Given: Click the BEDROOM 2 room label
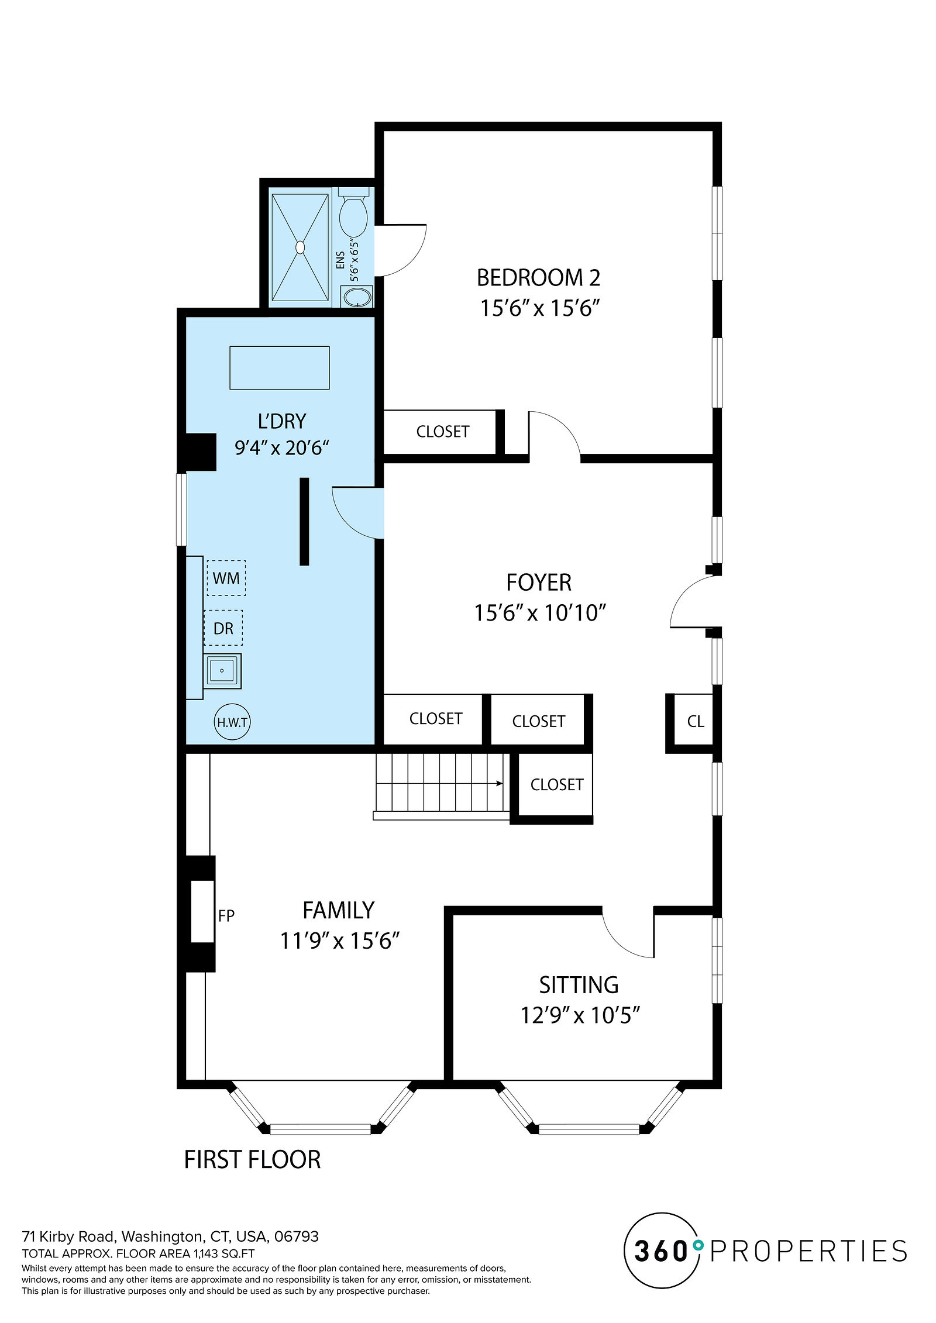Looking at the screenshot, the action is coord(538,278).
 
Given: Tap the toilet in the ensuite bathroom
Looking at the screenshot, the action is coord(353,211).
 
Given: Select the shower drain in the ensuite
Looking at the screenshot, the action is coord(300,247).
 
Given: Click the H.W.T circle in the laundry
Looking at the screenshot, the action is coord(232,722).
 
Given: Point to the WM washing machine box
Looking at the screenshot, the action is coord(226,578).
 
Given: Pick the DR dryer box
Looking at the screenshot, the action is coord(223,628).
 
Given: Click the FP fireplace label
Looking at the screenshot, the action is coord(226,915).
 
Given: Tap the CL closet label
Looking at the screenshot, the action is coord(696,721).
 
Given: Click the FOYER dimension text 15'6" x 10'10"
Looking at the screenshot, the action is coord(539,613).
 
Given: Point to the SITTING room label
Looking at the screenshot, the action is coord(579,985).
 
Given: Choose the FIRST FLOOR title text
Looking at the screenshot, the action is coord(252,1159).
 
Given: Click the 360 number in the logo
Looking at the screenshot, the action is coord(661,1251).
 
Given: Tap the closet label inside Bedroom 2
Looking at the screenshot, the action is coord(443,432).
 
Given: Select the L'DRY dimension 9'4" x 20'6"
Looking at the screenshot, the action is coord(281,448).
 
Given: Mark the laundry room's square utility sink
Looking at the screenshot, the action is coord(222,670).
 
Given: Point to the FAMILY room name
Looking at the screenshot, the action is coord(338,911).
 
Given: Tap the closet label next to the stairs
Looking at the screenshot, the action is coord(557,784).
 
